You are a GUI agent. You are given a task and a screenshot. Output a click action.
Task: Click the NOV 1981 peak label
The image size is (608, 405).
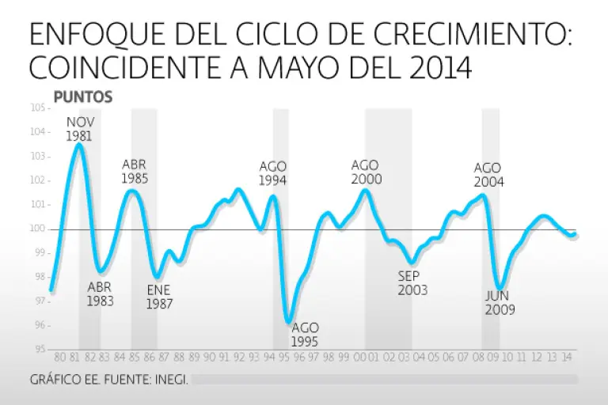click(79, 129)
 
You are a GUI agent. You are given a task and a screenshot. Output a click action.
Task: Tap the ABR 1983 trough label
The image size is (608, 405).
click(100, 294)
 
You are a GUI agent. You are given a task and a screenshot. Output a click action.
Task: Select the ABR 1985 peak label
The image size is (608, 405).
click(135, 172)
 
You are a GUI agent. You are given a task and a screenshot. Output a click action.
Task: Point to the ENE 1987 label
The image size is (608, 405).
click(159, 297)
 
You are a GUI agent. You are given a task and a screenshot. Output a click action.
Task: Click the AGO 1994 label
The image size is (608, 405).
click(273, 173)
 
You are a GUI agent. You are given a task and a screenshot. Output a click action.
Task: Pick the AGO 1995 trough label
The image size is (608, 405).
click(306, 335)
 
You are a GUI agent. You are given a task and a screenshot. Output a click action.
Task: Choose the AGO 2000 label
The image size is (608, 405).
click(367, 172)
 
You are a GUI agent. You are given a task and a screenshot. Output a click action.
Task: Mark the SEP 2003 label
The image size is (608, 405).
click(412, 283)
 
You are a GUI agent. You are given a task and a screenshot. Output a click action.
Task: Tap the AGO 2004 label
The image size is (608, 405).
click(488, 175)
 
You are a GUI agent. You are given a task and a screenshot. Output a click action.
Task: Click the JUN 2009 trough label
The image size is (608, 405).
click(500, 303)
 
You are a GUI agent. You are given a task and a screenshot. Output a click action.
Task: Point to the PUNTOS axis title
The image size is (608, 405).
click(83, 97)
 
